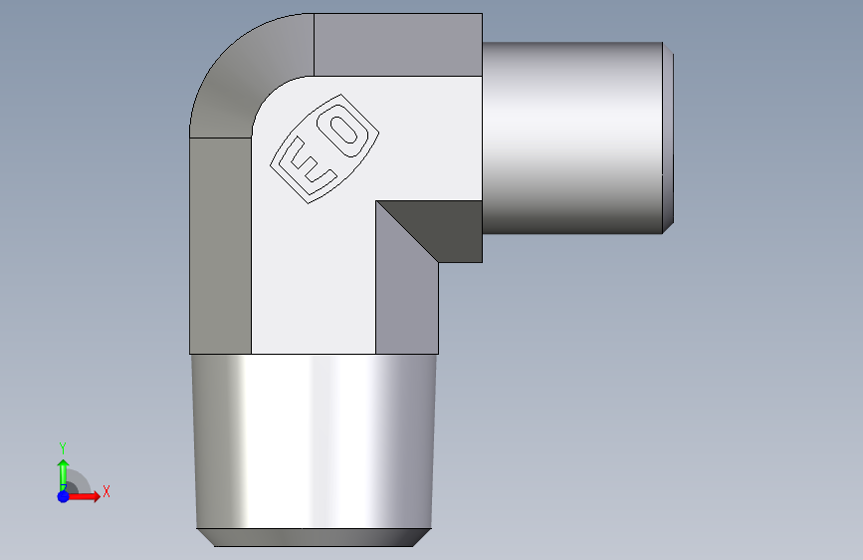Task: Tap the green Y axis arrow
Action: click(64, 475)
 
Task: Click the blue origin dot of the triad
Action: click(64, 496)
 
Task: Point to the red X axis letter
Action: click(107, 491)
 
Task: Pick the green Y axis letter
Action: click(63, 448)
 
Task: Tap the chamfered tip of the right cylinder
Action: click(668, 138)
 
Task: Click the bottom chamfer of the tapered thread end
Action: click(314, 537)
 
